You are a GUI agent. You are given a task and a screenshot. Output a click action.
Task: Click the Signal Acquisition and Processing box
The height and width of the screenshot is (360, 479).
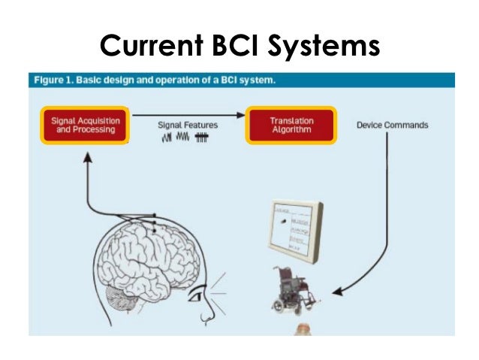point(84,125)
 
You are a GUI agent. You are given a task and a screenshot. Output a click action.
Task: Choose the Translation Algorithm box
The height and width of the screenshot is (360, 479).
point(291,125)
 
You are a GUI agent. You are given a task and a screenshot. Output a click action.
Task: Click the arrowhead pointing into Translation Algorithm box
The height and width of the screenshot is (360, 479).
point(242,115)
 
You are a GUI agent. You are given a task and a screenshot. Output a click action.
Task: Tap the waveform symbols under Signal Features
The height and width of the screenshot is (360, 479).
point(185,138)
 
